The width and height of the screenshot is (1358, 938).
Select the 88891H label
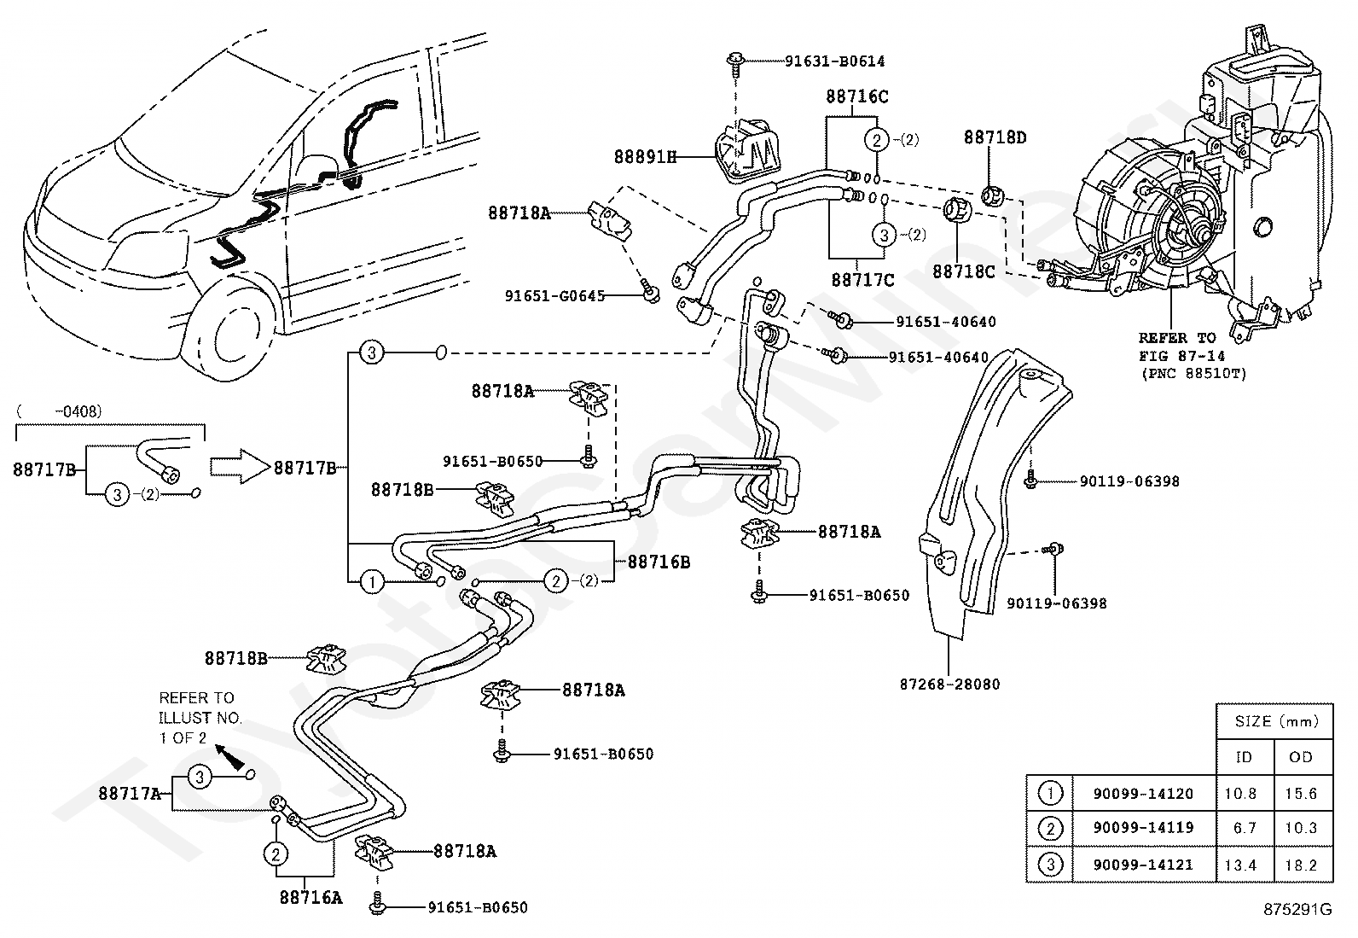pos(644,156)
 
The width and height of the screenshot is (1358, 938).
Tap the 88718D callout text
pos(995,137)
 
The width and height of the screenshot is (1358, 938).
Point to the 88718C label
pos(963,271)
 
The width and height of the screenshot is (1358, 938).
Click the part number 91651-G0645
pos(554,295)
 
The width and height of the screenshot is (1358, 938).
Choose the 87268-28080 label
pos(949,684)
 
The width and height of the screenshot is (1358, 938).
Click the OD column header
pos(1301,756)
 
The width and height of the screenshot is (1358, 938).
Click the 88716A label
pos(310,896)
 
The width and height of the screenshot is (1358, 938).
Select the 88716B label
pos(659,562)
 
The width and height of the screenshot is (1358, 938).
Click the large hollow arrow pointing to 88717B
pos(239,467)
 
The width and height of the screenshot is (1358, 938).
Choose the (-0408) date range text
pos(60,411)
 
